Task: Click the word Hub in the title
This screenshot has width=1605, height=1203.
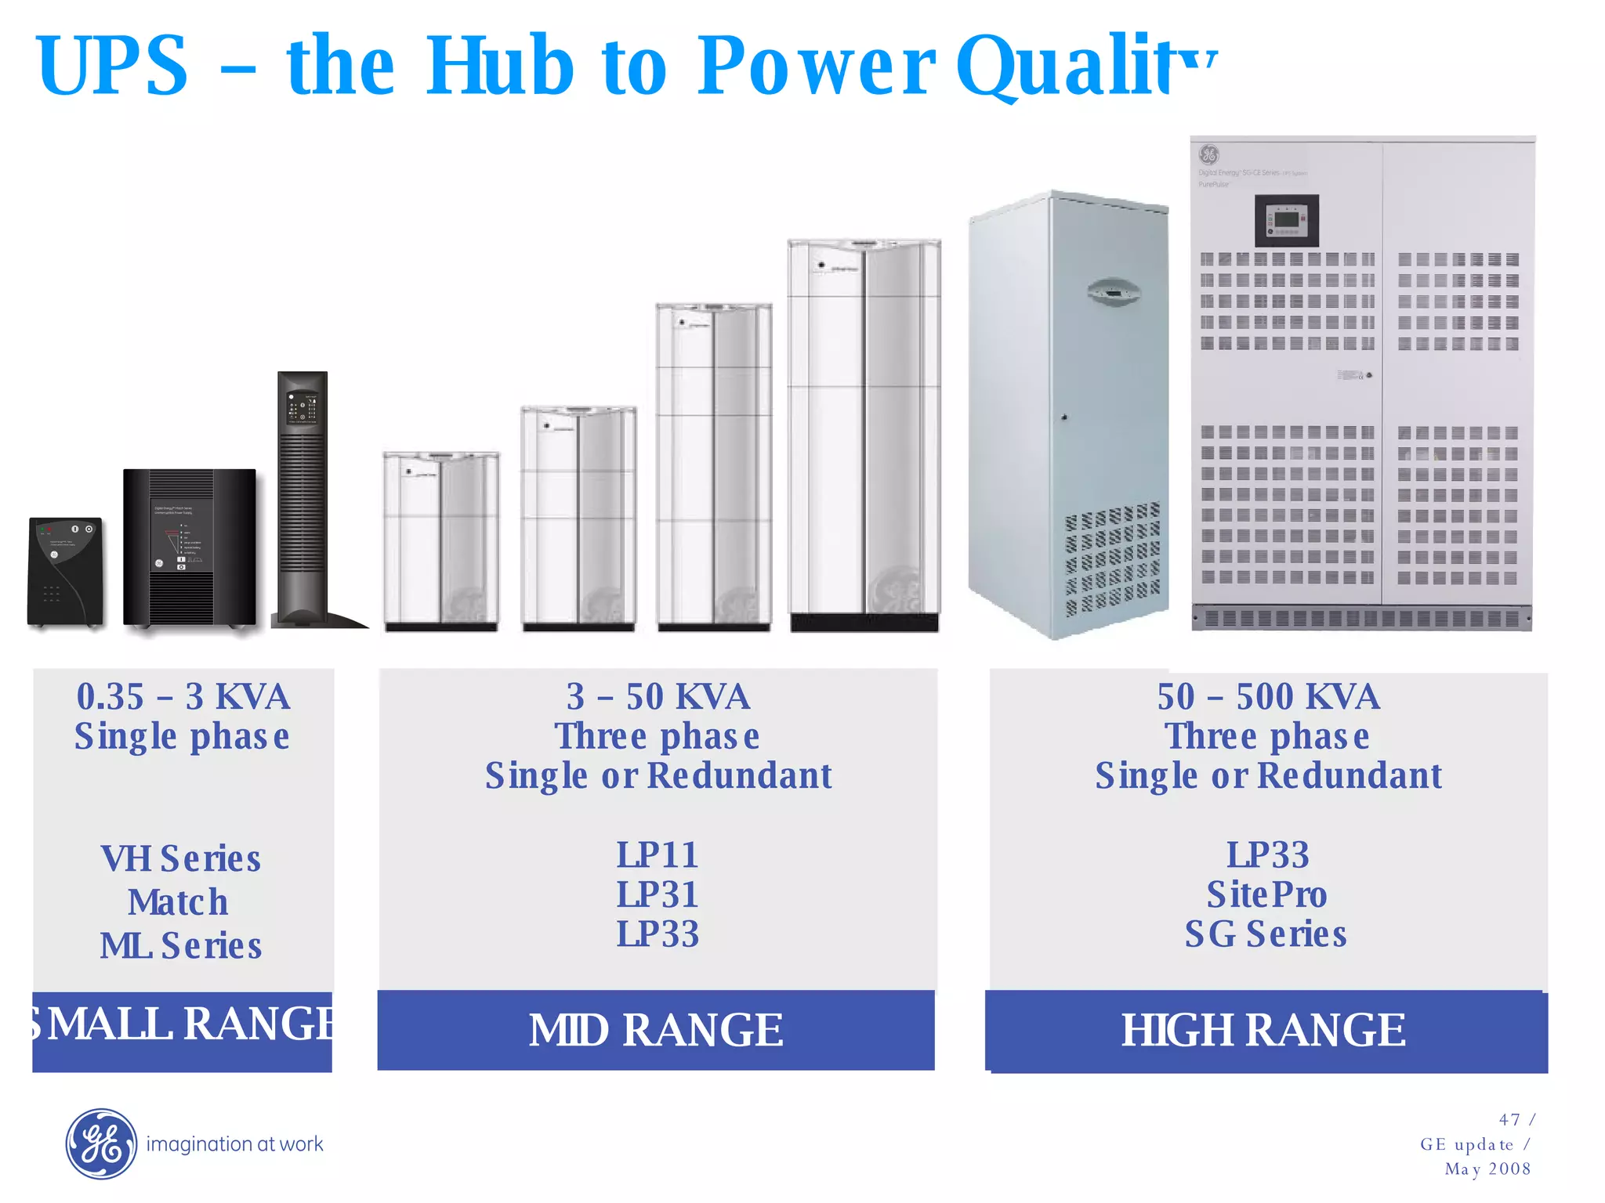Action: pos(499,67)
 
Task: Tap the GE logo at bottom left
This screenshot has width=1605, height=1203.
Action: pos(101,1143)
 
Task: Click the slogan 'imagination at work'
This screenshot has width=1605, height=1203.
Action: pos(234,1144)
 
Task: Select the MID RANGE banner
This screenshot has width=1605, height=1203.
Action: pos(656,1030)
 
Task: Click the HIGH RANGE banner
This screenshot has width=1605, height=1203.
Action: pos(1265,1031)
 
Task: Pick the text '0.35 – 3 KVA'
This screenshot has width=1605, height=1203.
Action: pos(183,696)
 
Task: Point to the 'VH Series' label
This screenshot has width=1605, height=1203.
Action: pos(181,859)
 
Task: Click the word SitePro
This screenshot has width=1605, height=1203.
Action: pos(1266,894)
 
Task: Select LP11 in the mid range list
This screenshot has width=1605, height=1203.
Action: pos(657,854)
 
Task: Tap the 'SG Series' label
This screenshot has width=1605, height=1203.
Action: pos(1266,934)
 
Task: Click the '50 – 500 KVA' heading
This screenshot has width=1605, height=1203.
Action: pos(1268,696)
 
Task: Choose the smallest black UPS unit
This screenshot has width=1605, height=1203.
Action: pos(65,571)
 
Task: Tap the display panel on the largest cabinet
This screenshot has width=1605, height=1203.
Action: pos(1287,220)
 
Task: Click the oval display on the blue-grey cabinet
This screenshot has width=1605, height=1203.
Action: pos(1113,293)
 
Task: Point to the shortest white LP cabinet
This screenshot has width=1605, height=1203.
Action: pos(440,540)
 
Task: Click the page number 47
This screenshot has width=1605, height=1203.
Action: pos(1509,1120)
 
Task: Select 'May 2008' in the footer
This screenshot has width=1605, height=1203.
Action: pos(1487,1169)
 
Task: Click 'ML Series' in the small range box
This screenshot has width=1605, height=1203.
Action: pos(181,946)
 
